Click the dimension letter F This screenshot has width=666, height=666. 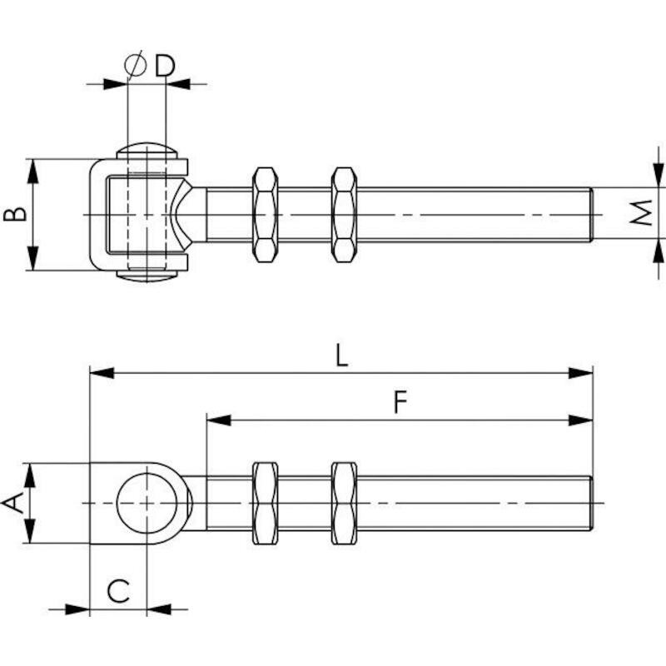pyautogui.click(x=400, y=402)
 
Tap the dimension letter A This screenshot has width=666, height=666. pyautogui.click(x=12, y=504)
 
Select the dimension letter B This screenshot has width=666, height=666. pyautogui.click(x=15, y=214)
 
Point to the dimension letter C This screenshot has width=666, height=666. pyautogui.click(x=118, y=591)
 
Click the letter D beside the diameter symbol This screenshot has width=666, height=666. pyautogui.click(x=165, y=66)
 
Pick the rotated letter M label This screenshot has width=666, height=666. pyautogui.click(x=641, y=212)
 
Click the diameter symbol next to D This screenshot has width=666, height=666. pyautogui.click(x=135, y=65)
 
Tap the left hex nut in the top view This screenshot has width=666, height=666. pyautogui.click(x=266, y=215)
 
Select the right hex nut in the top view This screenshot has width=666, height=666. pyautogui.click(x=344, y=215)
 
